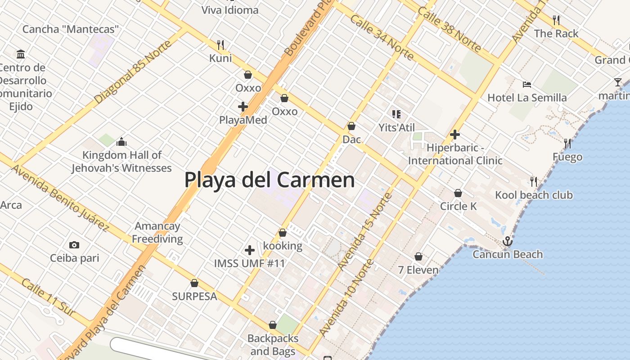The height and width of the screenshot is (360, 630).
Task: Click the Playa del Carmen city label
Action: point(269,180)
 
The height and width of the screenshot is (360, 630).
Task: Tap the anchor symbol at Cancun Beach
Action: point(508,242)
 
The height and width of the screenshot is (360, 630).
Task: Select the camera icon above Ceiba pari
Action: point(74,245)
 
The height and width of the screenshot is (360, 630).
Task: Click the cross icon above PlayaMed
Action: point(243,107)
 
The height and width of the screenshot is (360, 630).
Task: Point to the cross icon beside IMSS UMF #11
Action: point(250,250)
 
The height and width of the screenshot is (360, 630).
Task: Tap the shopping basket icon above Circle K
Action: point(458,193)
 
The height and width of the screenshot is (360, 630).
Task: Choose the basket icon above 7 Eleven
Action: point(418,256)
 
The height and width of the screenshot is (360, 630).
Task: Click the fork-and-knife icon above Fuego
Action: point(567,144)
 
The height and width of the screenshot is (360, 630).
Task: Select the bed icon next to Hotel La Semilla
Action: point(527,84)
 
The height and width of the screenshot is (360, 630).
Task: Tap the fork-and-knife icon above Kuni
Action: point(220,45)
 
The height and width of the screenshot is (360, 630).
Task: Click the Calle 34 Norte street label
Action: point(381,37)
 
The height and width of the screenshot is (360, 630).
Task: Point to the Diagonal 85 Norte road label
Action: point(133,72)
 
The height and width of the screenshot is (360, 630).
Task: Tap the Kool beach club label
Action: point(534,195)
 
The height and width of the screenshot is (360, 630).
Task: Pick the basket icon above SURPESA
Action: point(194,283)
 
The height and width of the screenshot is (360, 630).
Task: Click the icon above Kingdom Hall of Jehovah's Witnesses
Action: point(121,142)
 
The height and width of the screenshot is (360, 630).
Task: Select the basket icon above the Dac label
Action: point(351,126)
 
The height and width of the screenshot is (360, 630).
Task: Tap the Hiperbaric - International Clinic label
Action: point(455,154)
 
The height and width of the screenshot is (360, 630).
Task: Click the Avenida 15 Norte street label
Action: point(365,231)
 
